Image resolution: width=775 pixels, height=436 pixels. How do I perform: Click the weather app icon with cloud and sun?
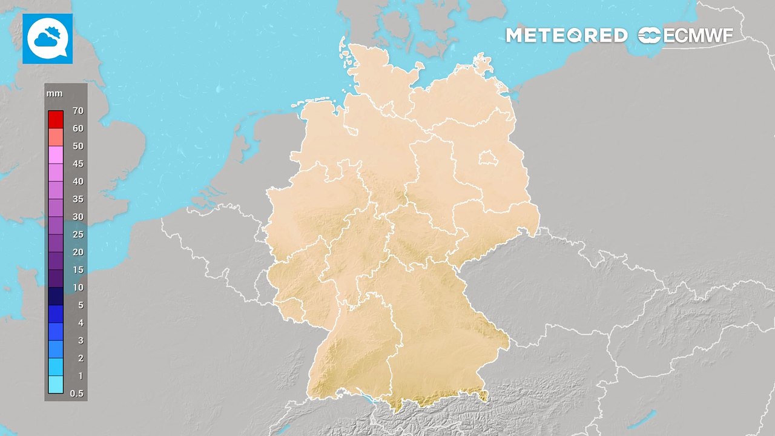47,39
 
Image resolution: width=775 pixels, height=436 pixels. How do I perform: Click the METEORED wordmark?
566,36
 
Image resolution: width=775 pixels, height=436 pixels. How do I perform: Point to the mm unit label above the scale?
51,94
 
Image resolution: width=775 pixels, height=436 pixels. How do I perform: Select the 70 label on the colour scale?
77,111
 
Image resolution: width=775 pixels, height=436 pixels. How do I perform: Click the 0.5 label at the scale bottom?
76,394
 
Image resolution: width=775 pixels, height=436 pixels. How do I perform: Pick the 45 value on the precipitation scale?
77,163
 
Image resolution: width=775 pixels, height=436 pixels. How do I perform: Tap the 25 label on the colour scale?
77,234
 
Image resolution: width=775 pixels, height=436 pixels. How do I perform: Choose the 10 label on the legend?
77,287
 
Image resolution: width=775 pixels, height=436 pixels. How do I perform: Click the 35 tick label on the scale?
77,199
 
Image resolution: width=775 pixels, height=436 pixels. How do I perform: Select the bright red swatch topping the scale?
56,119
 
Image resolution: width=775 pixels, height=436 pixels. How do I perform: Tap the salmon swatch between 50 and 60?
56,137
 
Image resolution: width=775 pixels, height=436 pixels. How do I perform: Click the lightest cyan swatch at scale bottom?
56,385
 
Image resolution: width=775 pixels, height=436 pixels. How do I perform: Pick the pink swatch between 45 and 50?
56,154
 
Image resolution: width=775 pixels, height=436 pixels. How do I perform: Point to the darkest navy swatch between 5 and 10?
56,296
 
